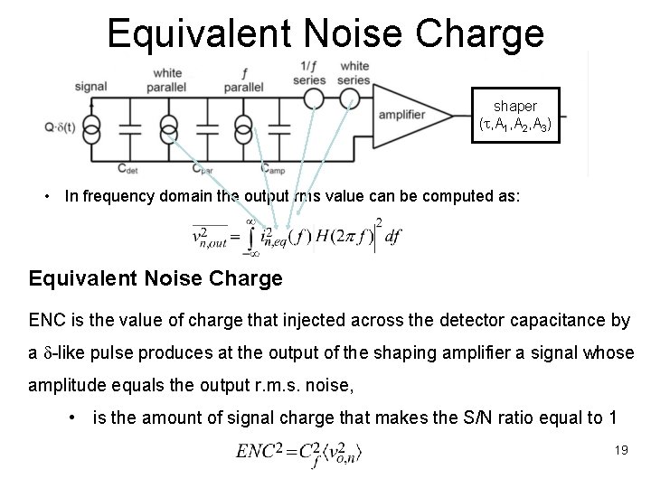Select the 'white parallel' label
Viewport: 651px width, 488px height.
[x=167, y=79]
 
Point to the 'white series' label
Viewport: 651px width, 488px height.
[x=354, y=71]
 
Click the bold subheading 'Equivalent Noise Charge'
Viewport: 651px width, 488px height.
[x=156, y=278]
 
